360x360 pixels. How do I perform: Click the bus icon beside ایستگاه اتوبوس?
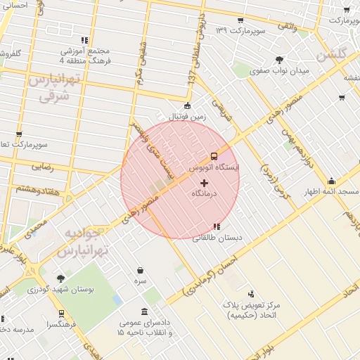pos(214,156)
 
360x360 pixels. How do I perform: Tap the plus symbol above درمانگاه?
pos(205,183)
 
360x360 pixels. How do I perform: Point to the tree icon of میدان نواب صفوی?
pos(280,60)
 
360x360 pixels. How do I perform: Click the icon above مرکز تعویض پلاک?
pos(252,294)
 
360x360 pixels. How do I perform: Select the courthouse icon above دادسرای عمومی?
pos(145,311)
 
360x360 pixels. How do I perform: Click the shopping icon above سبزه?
pos(141,270)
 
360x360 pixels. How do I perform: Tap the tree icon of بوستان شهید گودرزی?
pos(60,278)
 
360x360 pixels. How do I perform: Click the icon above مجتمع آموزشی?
pos(85,40)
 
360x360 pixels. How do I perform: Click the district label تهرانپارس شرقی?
pos(50,88)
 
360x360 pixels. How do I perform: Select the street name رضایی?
pos(39,167)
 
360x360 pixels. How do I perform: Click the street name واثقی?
pos(287,25)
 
